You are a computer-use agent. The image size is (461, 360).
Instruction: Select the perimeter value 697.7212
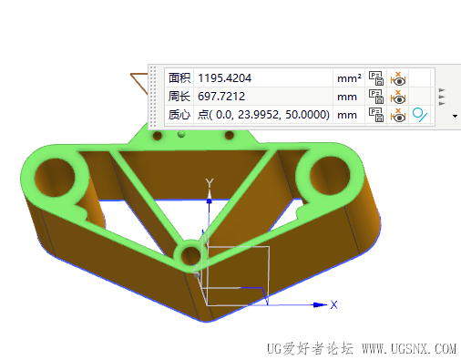[x=221, y=97]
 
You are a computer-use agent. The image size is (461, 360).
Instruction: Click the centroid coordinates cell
[x=262, y=115]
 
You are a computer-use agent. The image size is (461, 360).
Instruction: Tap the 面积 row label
[x=179, y=78]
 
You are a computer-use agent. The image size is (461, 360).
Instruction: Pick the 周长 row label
[x=179, y=97]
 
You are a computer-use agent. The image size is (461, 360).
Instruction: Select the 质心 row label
[x=179, y=115]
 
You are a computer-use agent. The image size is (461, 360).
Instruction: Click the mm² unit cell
[x=349, y=78]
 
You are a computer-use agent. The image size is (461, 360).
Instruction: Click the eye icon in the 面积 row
[x=398, y=78]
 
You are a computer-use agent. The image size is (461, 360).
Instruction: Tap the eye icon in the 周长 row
[x=398, y=97]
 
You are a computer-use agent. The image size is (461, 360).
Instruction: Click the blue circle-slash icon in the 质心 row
[x=420, y=115]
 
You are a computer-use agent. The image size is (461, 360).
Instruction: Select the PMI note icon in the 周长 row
[x=375, y=97]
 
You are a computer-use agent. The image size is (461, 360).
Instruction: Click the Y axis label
[x=210, y=184]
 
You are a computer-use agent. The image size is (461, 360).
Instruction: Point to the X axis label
[x=334, y=304]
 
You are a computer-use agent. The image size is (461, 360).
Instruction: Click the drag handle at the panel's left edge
[x=152, y=96]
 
